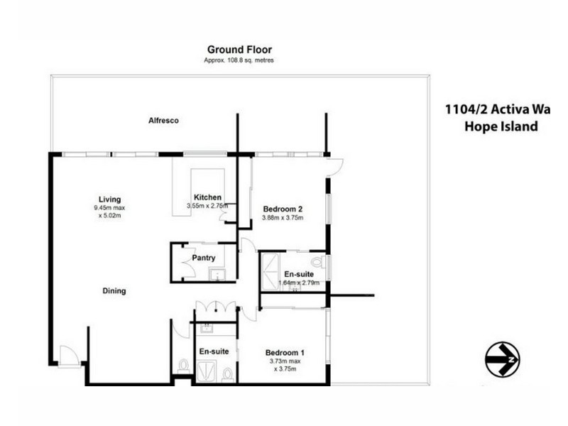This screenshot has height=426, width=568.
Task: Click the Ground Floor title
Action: pyautogui.click(x=239, y=49)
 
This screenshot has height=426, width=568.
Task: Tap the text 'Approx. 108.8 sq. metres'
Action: pyautogui.click(x=239, y=60)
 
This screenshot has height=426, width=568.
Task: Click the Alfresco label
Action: pyautogui.click(x=163, y=121)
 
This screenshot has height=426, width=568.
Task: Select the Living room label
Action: pyautogui.click(x=110, y=199)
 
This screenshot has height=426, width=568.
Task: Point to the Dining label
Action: pyautogui.click(x=114, y=290)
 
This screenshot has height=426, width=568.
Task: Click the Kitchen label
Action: pyautogui.click(x=208, y=197)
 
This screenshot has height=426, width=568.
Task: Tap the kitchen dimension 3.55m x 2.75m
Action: pyautogui.click(x=207, y=206)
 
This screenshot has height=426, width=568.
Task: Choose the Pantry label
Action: pyautogui.click(x=203, y=258)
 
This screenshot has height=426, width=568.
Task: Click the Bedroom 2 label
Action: pyautogui.click(x=283, y=209)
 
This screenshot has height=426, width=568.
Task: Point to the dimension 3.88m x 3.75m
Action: pyautogui.click(x=283, y=218)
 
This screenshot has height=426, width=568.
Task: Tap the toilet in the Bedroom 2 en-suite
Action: pyautogui.click(x=317, y=263)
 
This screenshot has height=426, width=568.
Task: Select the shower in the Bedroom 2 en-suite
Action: pyautogui.click(x=270, y=271)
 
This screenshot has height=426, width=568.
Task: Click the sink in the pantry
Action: pyautogui.click(x=219, y=274)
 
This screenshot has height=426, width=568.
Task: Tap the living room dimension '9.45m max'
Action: pyautogui.click(x=109, y=208)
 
